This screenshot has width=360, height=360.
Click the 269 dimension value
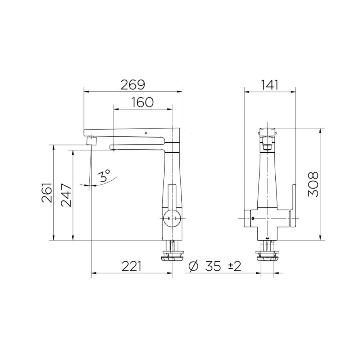[132, 85]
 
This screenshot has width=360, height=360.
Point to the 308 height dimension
[313, 184]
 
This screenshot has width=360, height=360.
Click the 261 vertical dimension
[48, 193]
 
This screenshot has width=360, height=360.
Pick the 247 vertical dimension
[67, 197]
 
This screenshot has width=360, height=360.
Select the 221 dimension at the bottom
[131, 267]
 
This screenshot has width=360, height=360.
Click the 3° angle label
[105, 176]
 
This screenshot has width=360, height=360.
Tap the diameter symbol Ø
[193, 267]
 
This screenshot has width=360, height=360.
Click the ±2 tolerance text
[234, 267]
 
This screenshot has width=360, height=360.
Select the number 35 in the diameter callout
[213, 267]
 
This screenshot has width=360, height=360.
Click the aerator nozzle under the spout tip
[93, 140]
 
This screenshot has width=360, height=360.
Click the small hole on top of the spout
[145, 134]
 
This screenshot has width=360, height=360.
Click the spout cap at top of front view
[267, 131]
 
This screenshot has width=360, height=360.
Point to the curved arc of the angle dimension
[108, 182]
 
